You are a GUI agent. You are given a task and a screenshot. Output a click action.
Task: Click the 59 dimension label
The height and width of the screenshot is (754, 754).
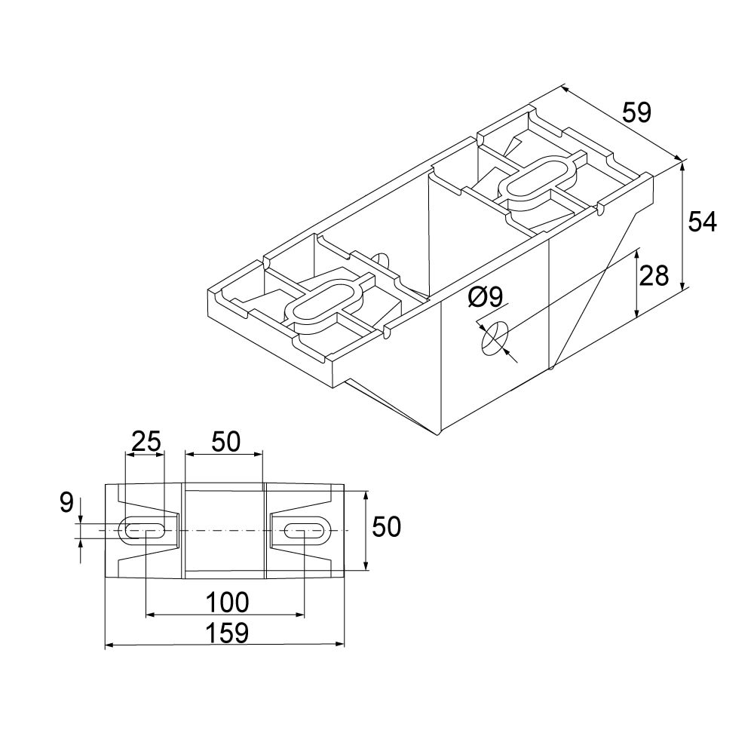[x=636, y=112]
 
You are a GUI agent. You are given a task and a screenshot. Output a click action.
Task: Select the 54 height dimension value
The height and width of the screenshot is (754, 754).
[x=702, y=222]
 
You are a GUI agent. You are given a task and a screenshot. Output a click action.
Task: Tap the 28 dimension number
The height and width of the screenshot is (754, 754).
[x=654, y=275]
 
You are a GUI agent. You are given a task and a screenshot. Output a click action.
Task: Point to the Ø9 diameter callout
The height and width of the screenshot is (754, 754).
[x=485, y=296]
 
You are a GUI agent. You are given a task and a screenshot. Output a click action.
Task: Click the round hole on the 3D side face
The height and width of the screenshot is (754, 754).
[x=495, y=338]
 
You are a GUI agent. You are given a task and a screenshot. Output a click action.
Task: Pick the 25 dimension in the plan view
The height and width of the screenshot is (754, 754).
[x=146, y=441]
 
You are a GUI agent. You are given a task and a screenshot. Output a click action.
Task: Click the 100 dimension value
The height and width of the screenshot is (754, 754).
[x=227, y=602]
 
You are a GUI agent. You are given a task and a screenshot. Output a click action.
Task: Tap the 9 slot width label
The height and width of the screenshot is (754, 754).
[x=66, y=503]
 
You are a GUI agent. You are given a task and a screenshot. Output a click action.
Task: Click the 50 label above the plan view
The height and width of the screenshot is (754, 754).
[x=225, y=441]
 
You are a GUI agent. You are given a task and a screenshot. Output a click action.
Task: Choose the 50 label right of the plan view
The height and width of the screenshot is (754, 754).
[x=387, y=527]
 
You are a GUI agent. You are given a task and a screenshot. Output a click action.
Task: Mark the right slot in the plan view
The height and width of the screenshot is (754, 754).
[x=305, y=531]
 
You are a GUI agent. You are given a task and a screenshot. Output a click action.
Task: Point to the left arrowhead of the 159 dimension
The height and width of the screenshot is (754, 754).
[x=109, y=645]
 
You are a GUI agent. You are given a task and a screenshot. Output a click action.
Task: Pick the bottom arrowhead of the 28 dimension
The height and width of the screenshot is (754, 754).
[x=637, y=313]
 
